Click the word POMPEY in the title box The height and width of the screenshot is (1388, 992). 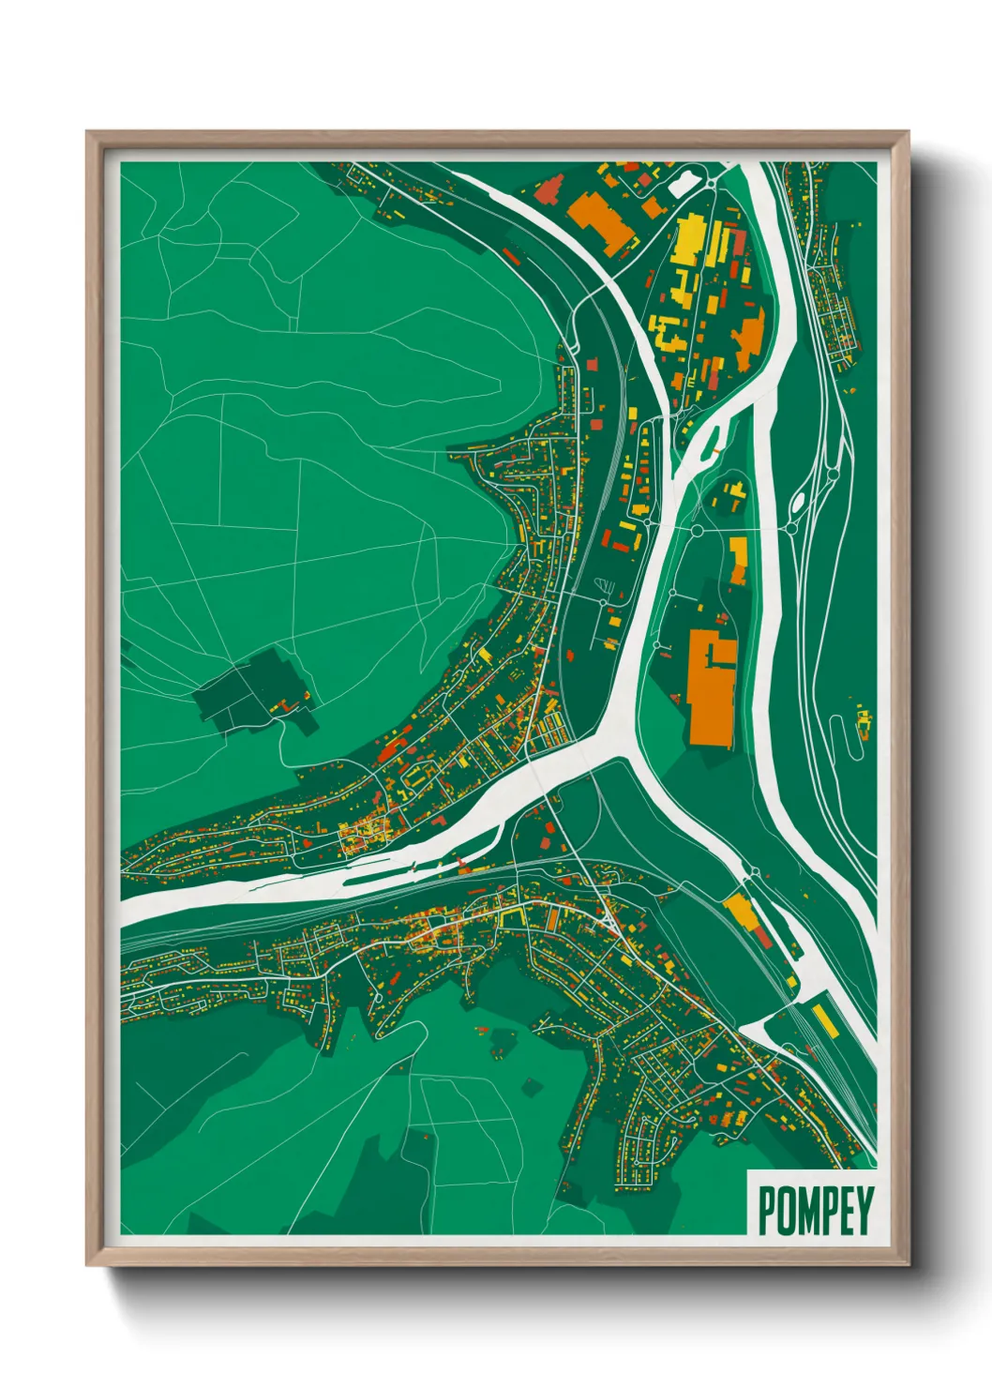point(814,1210)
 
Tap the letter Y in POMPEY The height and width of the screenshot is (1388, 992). point(864,1210)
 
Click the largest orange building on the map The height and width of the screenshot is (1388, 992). point(711,689)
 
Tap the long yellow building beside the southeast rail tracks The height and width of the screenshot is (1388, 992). point(824,1019)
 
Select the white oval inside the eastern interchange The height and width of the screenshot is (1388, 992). point(798,505)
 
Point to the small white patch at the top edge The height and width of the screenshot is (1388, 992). point(685,181)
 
